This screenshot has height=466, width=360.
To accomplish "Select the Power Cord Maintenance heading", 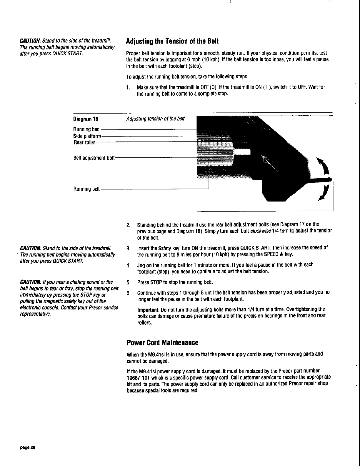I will click(162, 343).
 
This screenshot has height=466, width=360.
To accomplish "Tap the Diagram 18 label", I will click(85, 119).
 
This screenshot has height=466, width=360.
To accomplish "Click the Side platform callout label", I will click(87, 136).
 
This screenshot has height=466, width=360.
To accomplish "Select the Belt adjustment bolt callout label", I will click(94, 158).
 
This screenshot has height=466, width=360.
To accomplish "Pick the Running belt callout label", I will click(86, 189).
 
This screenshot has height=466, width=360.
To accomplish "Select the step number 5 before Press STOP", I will click(128, 283).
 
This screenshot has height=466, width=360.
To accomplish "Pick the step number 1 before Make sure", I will click(128, 87).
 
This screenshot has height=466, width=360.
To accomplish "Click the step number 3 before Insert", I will click(128, 248).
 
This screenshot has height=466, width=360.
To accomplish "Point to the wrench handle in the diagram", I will click(318, 180).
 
